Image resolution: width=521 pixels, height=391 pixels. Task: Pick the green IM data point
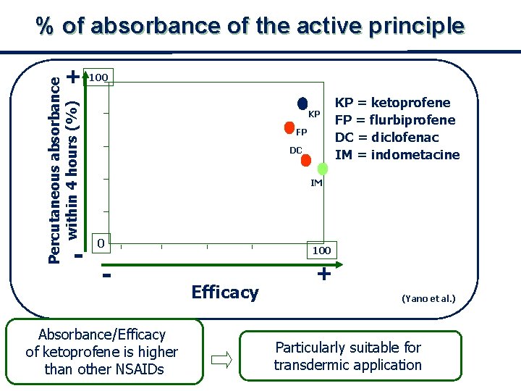[x=323, y=169]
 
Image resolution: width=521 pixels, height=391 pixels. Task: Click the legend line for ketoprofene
[x=392, y=103]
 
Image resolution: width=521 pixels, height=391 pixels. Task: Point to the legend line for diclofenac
[x=386, y=138]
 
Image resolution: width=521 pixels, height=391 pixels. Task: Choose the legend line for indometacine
[x=397, y=155]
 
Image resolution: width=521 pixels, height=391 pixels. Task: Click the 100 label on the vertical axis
[x=98, y=77]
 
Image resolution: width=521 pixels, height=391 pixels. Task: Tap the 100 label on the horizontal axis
[x=321, y=251]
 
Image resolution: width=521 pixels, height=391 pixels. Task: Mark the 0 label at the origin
[x=103, y=243]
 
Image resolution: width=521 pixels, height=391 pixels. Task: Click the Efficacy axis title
[x=225, y=293]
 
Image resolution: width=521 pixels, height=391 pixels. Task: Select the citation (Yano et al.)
[x=428, y=298]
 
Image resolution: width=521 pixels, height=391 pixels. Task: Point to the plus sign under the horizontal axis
[x=324, y=274]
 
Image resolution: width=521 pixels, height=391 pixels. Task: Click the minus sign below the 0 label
[x=106, y=275]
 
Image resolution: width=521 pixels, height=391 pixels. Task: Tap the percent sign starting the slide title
[x=46, y=27]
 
